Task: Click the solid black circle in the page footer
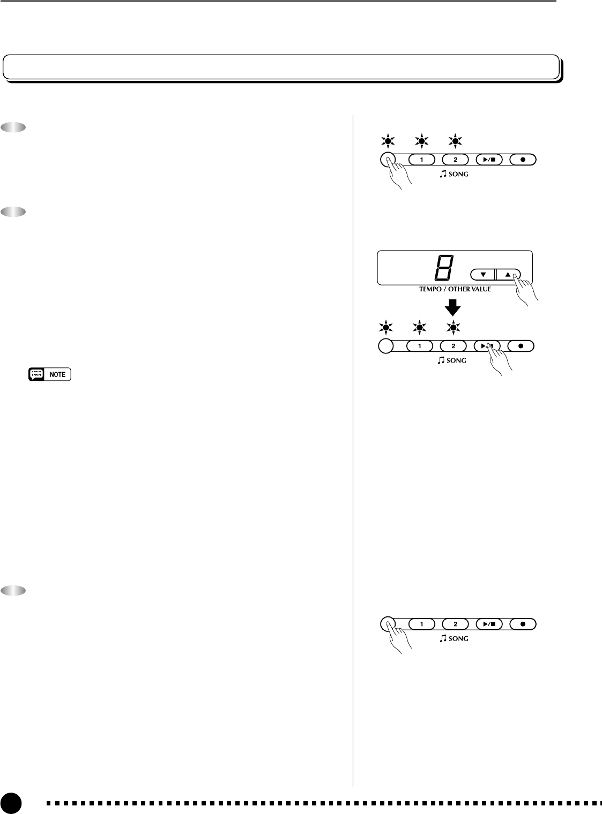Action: [x=10, y=803]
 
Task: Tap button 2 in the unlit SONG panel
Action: [x=455, y=624]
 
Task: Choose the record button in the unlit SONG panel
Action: [x=523, y=624]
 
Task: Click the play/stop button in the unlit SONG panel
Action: [x=488, y=624]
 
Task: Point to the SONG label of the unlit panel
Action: [x=454, y=638]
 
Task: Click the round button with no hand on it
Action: [x=385, y=346]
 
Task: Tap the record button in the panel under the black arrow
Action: [x=521, y=346]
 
